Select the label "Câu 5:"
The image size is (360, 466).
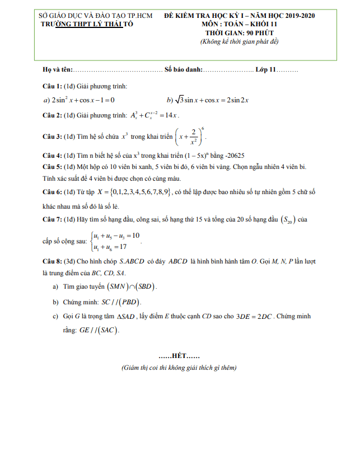pyautogui.click(x=53, y=167)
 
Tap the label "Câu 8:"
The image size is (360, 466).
pyautogui.click(x=53, y=261)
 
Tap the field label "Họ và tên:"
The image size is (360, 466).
pyautogui.click(x=58, y=70)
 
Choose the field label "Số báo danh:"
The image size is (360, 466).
pyautogui.click(x=183, y=70)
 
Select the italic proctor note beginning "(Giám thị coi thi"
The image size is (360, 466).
pyautogui.click(x=179, y=368)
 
